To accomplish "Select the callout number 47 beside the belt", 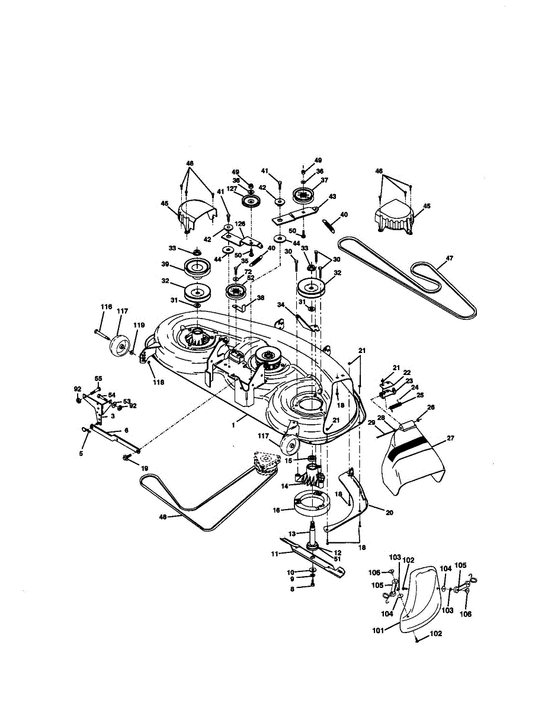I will click(449, 258).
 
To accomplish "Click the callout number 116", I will click(106, 307).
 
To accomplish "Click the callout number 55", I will click(98, 378).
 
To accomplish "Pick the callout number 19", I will click(144, 468).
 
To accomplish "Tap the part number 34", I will click(281, 304).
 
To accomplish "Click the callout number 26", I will click(430, 407).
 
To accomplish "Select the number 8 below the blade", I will click(291, 589).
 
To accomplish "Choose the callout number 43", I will click(332, 196).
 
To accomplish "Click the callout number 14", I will click(284, 485).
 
